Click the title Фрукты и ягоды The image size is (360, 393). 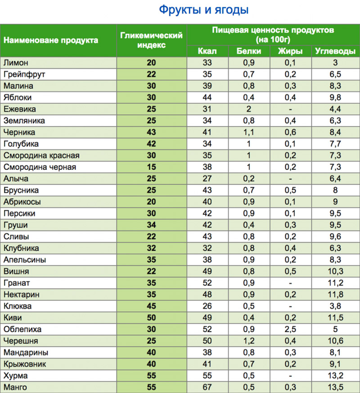pyautogui.click(x=204, y=9)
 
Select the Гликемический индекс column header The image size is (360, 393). pyautogui.click(x=152, y=40)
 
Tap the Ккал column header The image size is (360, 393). pyautogui.click(x=207, y=51)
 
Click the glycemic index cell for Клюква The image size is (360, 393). pyautogui.click(x=152, y=306)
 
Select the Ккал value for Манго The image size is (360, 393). pyautogui.click(x=207, y=387)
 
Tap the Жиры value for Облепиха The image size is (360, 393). pyautogui.click(x=290, y=329)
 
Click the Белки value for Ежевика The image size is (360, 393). pyautogui.click(x=249, y=109)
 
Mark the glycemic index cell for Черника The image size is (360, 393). pyautogui.click(x=152, y=132)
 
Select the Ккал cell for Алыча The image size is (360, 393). pyautogui.click(x=207, y=179)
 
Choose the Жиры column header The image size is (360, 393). pyautogui.click(x=290, y=51)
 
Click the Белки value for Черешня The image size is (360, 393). pyautogui.click(x=249, y=341)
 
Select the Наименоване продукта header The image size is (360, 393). pyautogui.click(x=51, y=40)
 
